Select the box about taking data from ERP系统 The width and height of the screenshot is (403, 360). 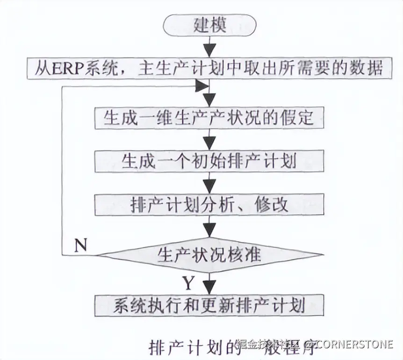click(209, 68)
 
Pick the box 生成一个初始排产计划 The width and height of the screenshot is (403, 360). click(209, 161)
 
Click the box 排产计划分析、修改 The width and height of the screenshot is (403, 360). click(209, 205)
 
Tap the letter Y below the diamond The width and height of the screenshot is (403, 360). click(188, 283)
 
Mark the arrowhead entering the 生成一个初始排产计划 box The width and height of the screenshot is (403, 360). click(210, 142)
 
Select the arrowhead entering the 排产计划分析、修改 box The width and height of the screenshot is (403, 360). click(210, 186)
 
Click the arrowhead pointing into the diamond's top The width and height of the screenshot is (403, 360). click(210, 230)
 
